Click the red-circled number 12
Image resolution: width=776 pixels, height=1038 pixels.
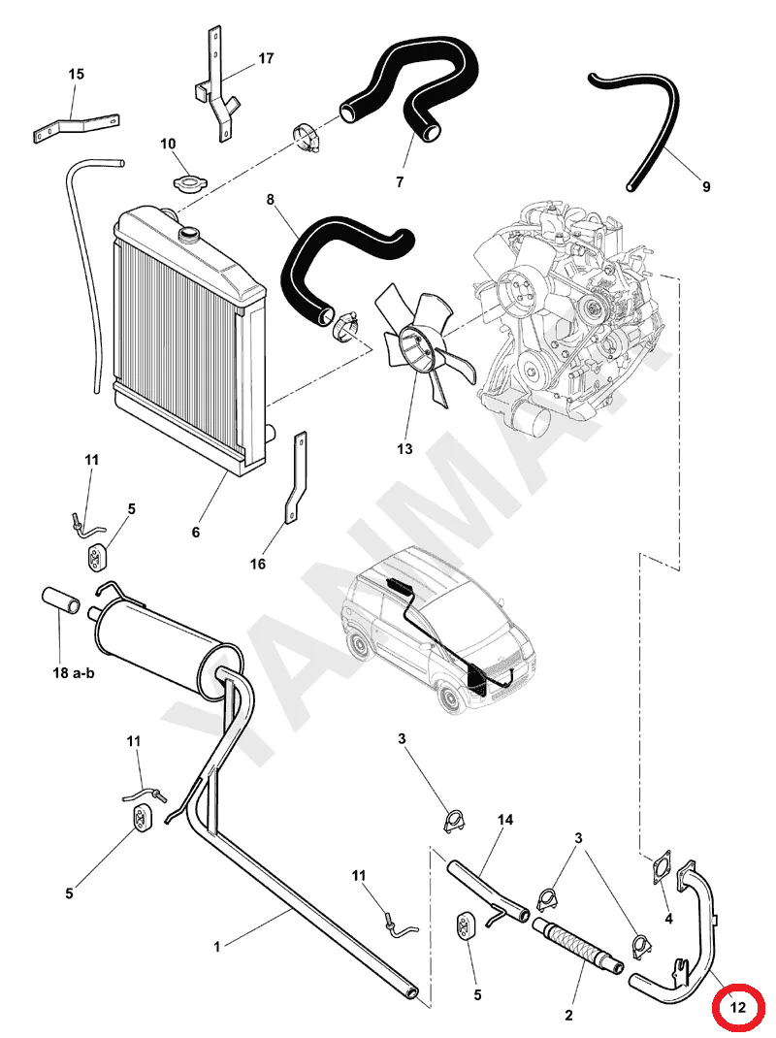pyautogui.click(x=737, y=1007)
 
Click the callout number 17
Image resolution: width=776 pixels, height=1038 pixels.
pyautogui.click(x=266, y=58)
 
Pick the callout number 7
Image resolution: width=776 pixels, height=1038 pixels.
pyautogui.click(x=400, y=181)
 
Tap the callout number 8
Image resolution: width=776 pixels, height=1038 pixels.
pyautogui.click(x=270, y=199)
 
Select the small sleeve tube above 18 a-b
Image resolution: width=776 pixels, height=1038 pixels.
pyautogui.click(x=61, y=600)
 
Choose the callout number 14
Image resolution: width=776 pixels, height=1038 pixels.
pyautogui.click(x=505, y=820)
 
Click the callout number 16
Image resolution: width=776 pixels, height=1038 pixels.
pyautogui.click(x=258, y=564)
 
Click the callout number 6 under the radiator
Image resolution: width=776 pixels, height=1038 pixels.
pyautogui.click(x=195, y=532)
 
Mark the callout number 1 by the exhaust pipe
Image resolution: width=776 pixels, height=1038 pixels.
pyautogui.click(x=216, y=947)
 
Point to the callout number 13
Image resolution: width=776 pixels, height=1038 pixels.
pyautogui.click(x=404, y=449)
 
